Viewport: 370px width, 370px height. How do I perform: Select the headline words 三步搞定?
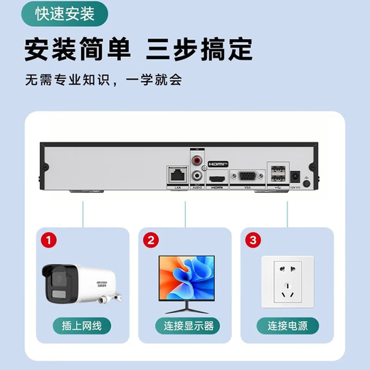click(199, 49)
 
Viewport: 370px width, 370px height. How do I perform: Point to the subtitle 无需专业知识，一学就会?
click(104, 79)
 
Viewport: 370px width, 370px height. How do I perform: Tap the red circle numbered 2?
click(149, 240)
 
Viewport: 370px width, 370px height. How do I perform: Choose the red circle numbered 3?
click(253, 240)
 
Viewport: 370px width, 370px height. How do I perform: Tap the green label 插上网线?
click(83, 326)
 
